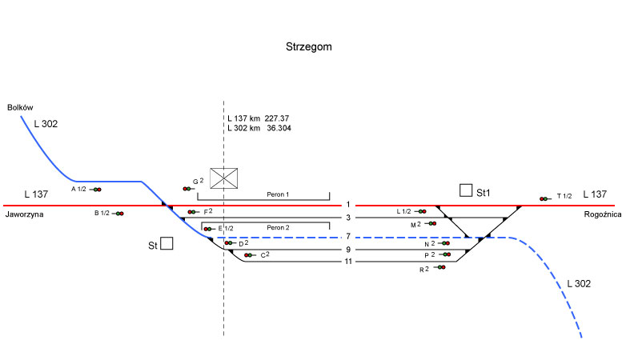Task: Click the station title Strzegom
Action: (309, 47)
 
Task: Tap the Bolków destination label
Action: (20, 107)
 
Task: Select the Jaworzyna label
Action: (23, 215)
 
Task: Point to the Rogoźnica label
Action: (603, 214)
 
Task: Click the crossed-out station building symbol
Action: (226, 178)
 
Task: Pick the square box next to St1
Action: (466, 190)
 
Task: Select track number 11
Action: (348, 262)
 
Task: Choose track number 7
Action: (348, 237)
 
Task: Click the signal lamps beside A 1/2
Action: (97, 190)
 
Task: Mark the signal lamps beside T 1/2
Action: (544, 197)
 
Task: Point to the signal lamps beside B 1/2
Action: (119, 214)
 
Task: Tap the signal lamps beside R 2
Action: (439, 268)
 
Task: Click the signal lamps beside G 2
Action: (187, 188)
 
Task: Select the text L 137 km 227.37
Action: (259, 118)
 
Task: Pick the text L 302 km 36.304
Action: (259, 128)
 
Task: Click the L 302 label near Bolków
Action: (46, 124)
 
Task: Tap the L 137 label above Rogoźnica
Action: (596, 194)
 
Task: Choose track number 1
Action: (348, 205)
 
